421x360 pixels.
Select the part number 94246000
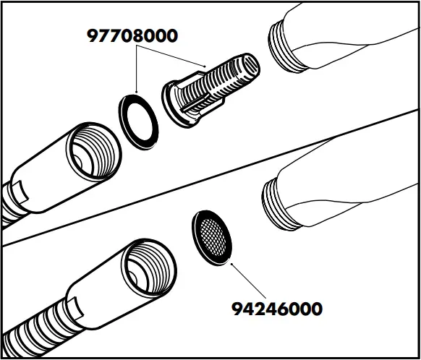tap(276, 309)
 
